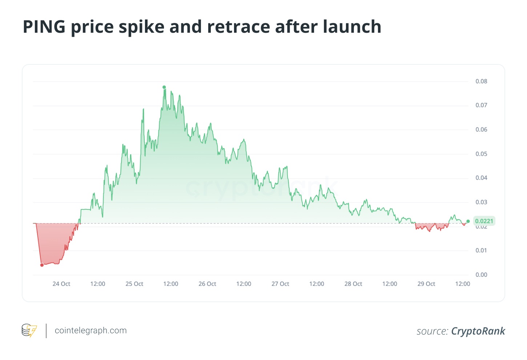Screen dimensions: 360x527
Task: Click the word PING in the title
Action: click(44, 27)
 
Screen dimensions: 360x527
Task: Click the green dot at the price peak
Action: click(164, 87)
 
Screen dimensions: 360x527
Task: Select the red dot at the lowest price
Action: click(42, 265)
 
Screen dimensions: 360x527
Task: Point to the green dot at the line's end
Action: click(468, 221)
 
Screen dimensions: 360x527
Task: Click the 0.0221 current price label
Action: click(484, 221)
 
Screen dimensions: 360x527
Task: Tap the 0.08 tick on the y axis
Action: click(481, 81)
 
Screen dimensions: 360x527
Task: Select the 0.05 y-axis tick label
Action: click(481, 154)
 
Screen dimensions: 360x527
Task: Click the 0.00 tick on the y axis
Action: click(481, 275)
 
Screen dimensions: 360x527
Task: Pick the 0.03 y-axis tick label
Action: click(481, 202)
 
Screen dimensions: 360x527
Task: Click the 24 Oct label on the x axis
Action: click(61, 284)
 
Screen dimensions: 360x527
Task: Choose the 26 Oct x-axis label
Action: click(207, 284)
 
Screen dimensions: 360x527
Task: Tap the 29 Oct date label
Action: click(426, 284)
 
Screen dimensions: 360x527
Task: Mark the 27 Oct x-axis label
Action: click(280, 284)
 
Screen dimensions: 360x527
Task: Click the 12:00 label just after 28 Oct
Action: click(390, 284)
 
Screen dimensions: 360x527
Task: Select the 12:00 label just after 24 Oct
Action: click(98, 284)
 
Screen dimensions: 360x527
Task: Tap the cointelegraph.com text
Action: click(90, 331)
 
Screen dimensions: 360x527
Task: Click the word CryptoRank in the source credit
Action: click(478, 331)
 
